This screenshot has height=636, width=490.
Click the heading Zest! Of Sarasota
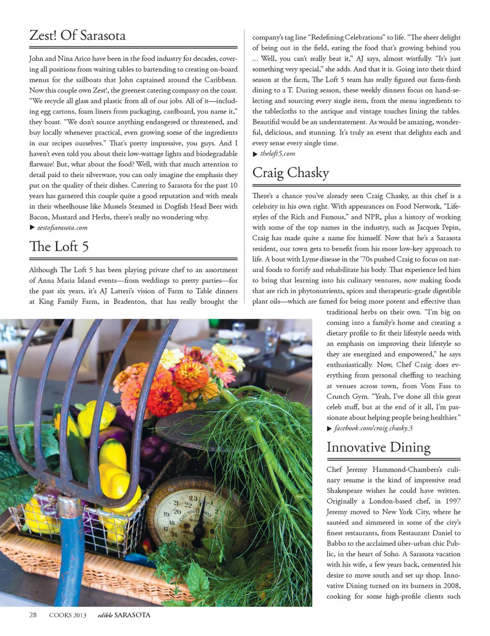pyautogui.click(x=78, y=35)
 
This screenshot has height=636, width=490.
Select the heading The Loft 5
pyautogui.click(x=59, y=246)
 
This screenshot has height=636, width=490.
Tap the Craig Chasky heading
pyautogui.click(x=290, y=173)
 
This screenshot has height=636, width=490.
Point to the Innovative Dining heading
pyautogui.click(x=378, y=447)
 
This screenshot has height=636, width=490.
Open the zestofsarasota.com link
pyautogui.click(x=62, y=228)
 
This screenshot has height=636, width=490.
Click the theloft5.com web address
pyautogui.click(x=277, y=154)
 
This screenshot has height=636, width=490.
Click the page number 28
pyautogui.click(x=33, y=615)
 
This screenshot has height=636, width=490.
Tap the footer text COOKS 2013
pyautogui.click(x=68, y=615)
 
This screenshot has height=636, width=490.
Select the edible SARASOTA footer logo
pyautogui.click(x=124, y=615)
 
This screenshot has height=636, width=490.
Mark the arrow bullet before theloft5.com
pyautogui.click(x=255, y=154)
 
